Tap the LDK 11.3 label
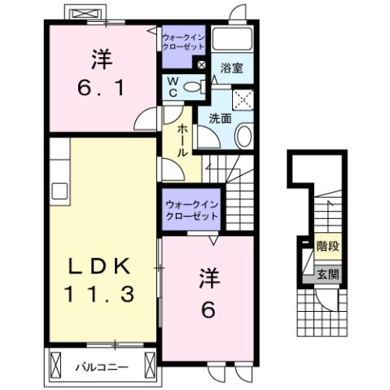point(100,279)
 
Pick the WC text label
point(173,86)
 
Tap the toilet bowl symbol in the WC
point(194,87)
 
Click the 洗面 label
point(221,117)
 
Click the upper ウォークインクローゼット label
point(183,42)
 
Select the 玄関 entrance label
point(327,275)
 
